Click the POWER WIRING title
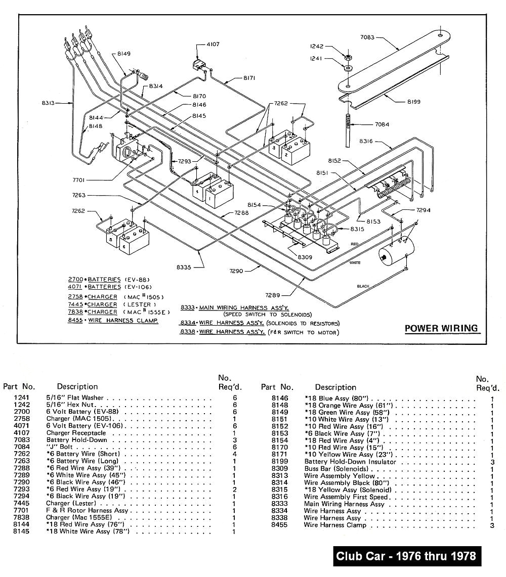point(441,328)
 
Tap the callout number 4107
point(213,45)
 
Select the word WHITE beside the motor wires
point(355,263)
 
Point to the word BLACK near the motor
point(363,286)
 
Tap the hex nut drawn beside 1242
point(349,54)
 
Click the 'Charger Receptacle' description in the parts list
point(76,433)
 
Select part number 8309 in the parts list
point(279,469)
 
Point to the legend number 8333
point(188,307)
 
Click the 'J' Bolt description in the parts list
point(60,447)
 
